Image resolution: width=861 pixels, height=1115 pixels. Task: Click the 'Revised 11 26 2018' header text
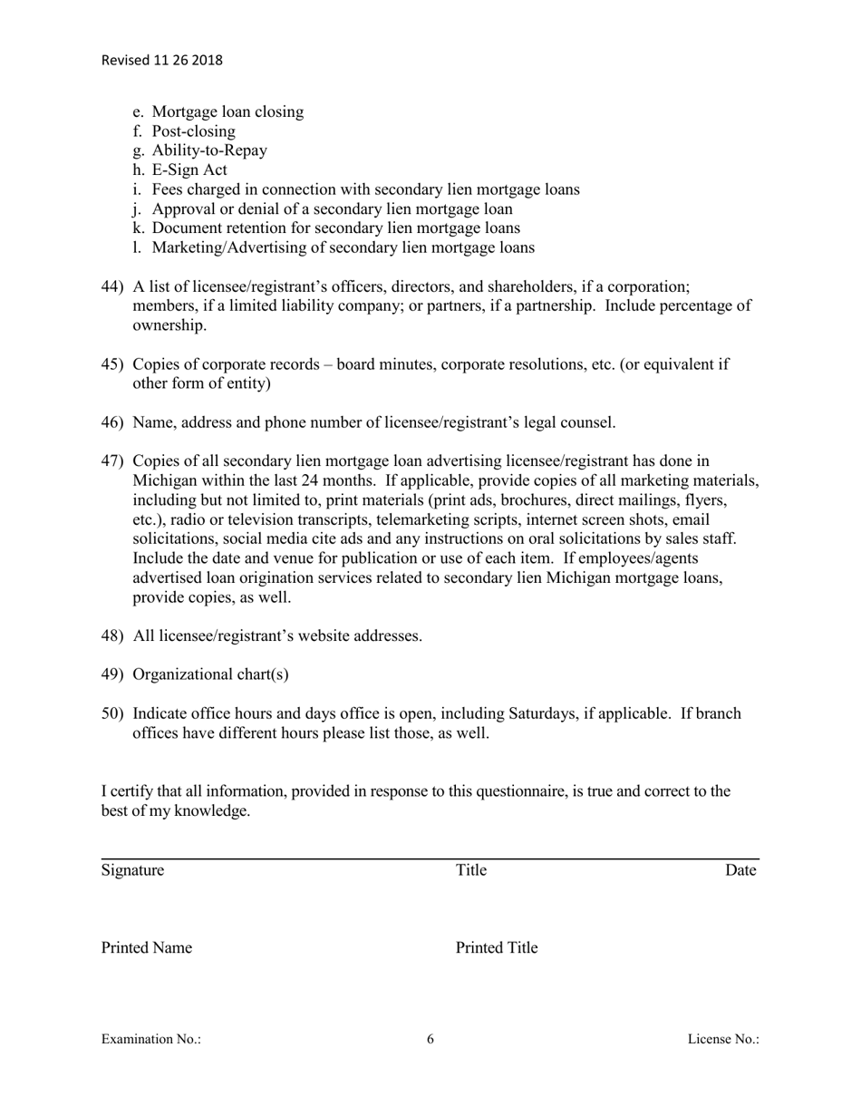click(x=161, y=61)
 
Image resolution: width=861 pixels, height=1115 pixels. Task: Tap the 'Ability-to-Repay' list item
click(x=209, y=150)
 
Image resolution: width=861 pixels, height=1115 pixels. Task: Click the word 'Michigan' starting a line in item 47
click(x=164, y=480)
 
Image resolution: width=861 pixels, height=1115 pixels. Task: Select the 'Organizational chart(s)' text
click(x=210, y=674)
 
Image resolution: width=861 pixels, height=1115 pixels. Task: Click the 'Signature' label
click(x=133, y=871)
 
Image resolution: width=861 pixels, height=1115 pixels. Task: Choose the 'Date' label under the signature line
click(x=740, y=871)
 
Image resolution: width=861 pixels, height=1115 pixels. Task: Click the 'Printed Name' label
click(x=147, y=949)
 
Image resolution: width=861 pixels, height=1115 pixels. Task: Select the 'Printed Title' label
click(x=497, y=949)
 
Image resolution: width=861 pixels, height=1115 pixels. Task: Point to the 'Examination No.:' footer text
click(x=151, y=1040)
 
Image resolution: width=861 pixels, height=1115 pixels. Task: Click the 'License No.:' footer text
click(x=723, y=1040)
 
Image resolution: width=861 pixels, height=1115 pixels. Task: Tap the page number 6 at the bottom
click(x=430, y=1040)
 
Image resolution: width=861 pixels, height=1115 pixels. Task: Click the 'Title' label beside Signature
click(x=471, y=871)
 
